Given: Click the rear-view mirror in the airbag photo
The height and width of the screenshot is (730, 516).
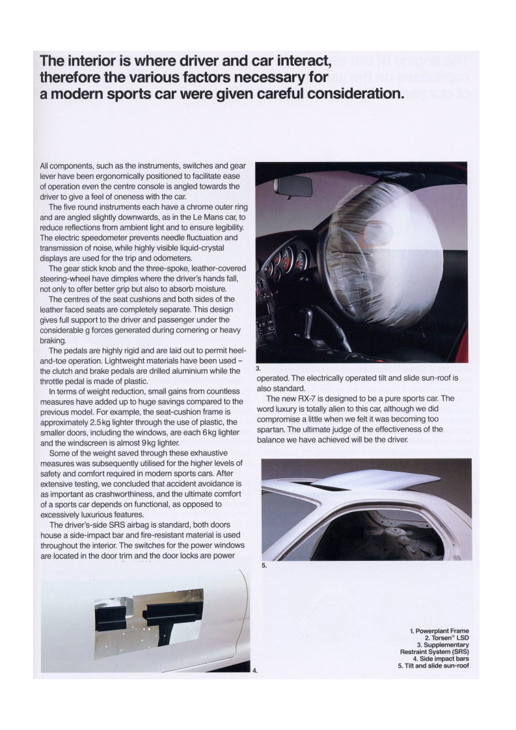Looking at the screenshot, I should pos(293,187).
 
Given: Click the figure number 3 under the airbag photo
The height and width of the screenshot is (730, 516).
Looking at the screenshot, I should pos(258,368).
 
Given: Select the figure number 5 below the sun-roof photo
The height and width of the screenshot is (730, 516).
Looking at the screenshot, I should pos(264,566).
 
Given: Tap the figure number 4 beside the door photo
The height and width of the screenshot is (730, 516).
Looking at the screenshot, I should pos(254,671).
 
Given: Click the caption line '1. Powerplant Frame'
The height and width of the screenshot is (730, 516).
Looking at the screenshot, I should pos(439,631).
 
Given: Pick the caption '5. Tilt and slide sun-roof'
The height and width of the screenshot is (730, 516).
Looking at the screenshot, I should pos(433,666).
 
